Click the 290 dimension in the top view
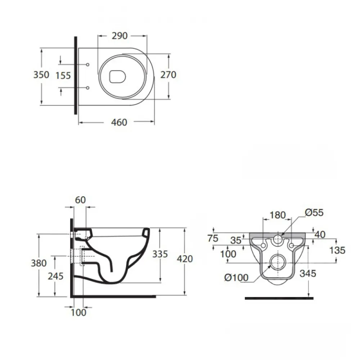click(x=120, y=36)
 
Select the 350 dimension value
click(x=41, y=75)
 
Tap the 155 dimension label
click(x=63, y=76)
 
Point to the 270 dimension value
click(x=168, y=75)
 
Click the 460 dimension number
click(x=119, y=122)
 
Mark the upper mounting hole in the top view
click(x=88, y=65)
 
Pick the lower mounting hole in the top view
click(x=88, y=88)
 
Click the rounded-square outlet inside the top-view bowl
click(x=118, y=76)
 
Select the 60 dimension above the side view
click(x=80, y=200)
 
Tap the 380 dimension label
click(x=39, y=263)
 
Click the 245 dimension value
click(x=55, y=276)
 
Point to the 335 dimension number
click(x=160, y=254)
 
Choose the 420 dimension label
click(x=185, y=259)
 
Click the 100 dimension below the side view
click(x=78, y=312)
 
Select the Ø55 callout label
click(x=314, y=213)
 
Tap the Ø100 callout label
click(x=236, y=278)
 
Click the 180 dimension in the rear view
click(x=278, y=215)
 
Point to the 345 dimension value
click(x=308, y=274)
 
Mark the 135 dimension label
click(x=337, y=250)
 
